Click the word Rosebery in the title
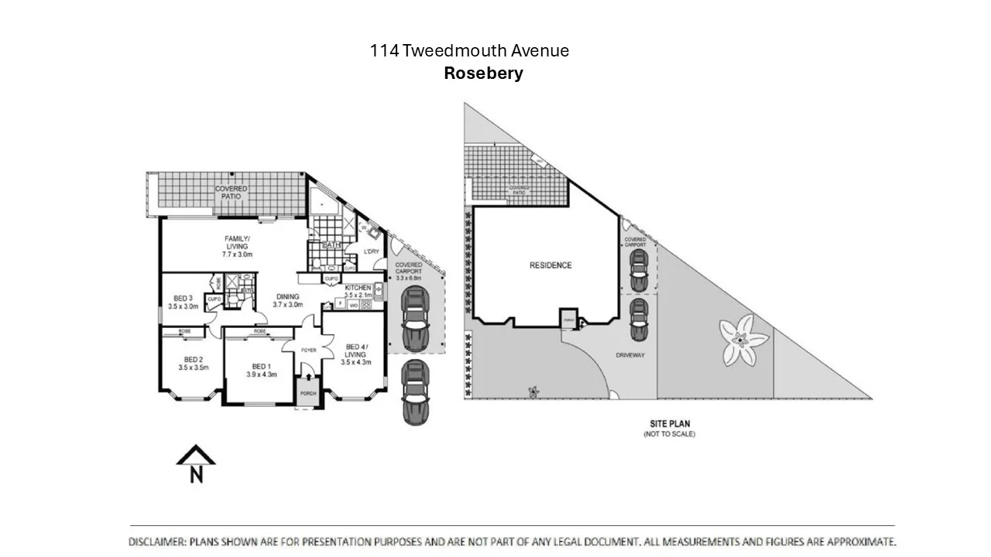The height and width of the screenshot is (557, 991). point(483,73)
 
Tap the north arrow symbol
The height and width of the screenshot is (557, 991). point(196,465)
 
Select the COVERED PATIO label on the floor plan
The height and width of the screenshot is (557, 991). point(231,193)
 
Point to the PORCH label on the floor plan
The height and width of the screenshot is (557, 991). point(308,393)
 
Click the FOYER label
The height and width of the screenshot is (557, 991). point(308,350)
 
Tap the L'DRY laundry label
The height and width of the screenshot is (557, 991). point(371,251)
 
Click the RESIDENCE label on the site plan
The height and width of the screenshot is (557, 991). point(550,265)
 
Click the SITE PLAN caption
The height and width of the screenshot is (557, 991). point(669,423)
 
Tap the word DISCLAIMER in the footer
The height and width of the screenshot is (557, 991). point(157,542)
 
